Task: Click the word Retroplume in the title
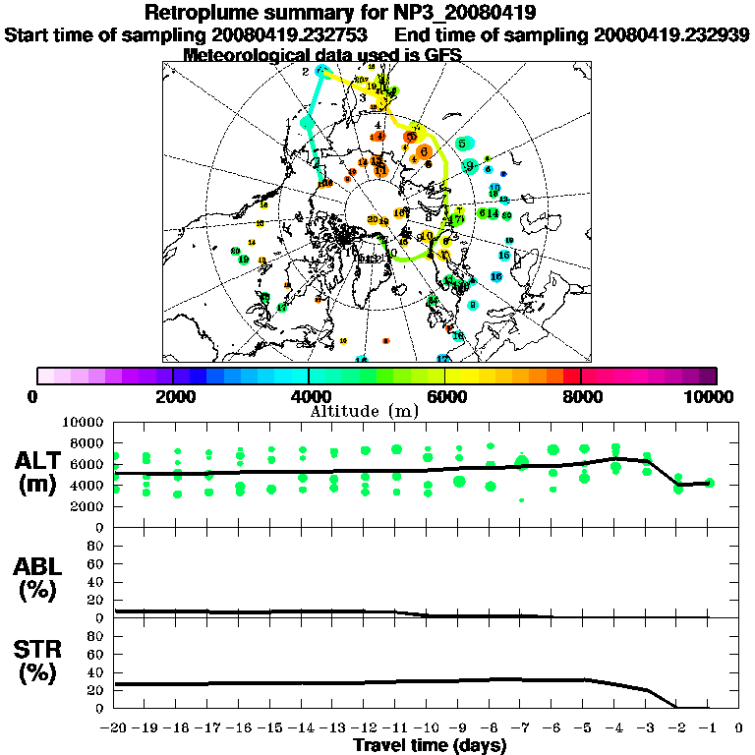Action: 207,14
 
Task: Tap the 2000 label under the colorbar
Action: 172,396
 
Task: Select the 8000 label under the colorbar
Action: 580,396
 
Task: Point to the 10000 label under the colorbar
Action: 710,396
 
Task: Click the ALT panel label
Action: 39,460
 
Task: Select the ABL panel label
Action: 39,566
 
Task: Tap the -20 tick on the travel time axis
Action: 114,728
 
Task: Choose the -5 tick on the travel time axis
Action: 583,728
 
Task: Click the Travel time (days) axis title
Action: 430,745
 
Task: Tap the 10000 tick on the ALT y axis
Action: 83,423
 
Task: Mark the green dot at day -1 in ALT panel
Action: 709,483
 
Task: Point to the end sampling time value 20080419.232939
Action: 671,34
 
